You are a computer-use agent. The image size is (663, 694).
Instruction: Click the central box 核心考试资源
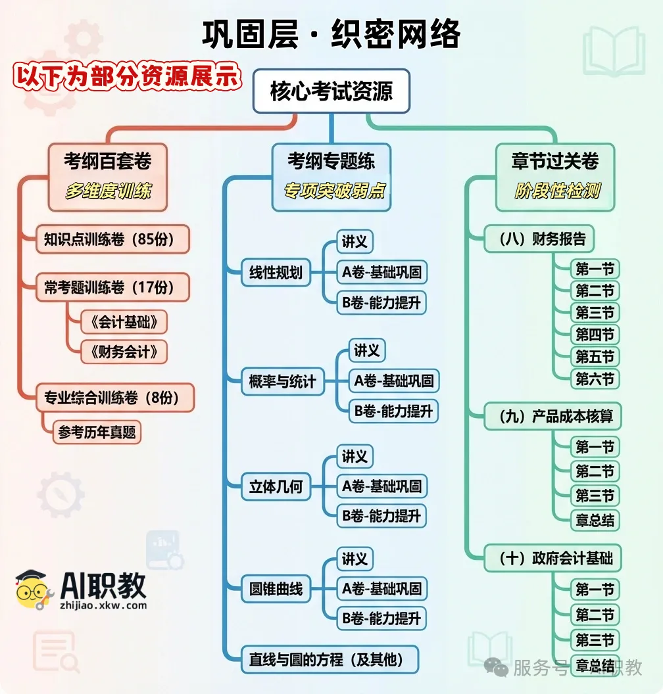tap(331, 91)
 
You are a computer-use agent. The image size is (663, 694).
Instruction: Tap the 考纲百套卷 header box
tap(107, 161)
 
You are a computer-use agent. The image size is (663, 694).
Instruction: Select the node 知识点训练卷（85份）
tap(112, 239)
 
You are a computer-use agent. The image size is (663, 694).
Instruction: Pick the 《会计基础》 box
tap(124, 322)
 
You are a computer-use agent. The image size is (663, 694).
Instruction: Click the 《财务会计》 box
tap(124, 352)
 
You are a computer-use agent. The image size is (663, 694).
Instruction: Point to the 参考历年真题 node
tap(97, 432)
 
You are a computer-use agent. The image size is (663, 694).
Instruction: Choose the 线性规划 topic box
tap(276, 272)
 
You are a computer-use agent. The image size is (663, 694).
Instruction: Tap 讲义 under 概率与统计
tap(367, 350)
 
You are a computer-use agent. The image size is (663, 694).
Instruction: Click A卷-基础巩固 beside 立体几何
tap(381, 486)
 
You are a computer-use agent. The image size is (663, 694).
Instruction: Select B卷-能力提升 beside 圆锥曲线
tap(381, 618)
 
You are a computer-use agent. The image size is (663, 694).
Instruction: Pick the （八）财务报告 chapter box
tap(538, 239)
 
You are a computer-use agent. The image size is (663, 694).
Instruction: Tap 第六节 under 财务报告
tap(595, 379)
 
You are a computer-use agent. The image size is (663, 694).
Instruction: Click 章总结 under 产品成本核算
tap(595, 520)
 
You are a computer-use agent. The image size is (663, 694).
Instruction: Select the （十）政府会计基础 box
tap(552, 559)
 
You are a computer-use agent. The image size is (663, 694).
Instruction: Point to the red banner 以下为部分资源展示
tap(127, 76)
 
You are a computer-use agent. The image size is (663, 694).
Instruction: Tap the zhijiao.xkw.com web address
tap(103, 605)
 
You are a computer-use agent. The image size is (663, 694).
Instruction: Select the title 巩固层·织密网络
tap(331, 34)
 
